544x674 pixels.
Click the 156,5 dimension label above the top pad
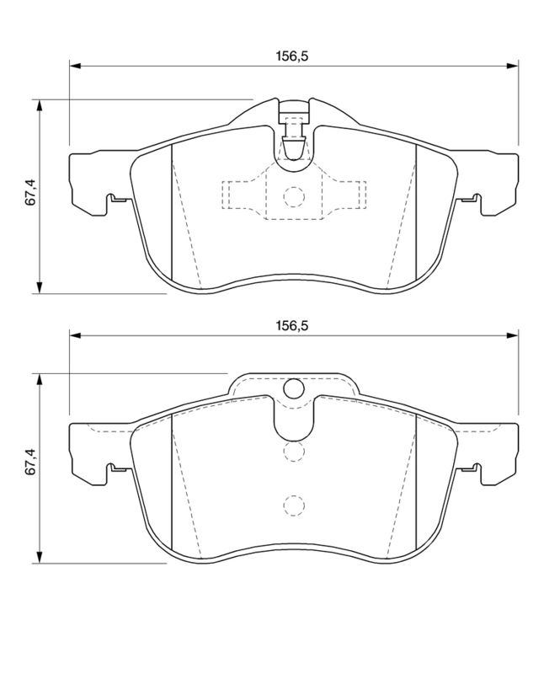[292, 56]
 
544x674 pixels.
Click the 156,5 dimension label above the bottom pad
[292, 325]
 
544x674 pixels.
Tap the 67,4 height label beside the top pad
[31, 193]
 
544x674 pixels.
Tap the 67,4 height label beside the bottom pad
[31, 462]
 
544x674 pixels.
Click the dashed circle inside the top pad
[294, 197]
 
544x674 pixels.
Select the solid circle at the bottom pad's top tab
[294, 388]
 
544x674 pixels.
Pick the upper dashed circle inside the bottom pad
[294, 452]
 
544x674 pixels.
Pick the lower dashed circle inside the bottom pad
[294, 505]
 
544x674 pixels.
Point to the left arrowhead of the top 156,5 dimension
[75, 67]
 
